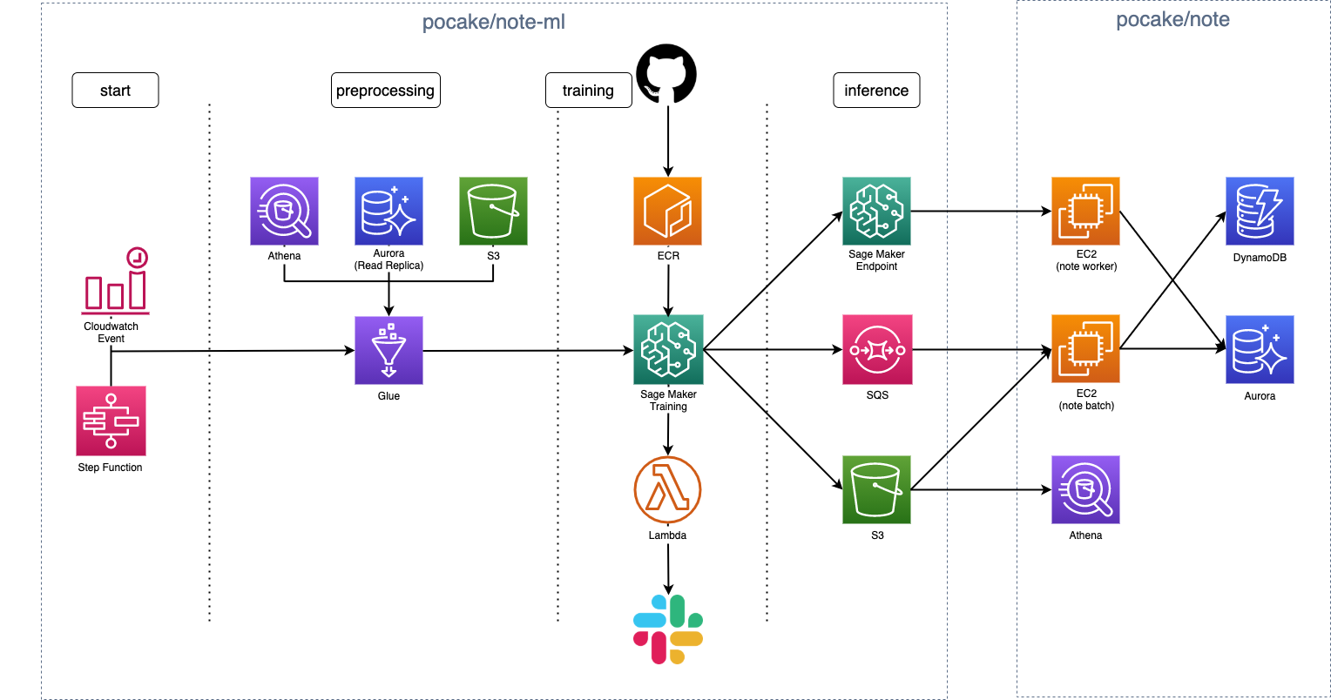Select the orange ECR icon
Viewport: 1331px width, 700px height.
click(x=667, y=212)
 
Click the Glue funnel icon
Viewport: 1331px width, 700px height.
click(x=388, y=350)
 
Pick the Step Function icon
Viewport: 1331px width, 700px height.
click(x=111, y=421)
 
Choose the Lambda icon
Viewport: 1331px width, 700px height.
click(x=668, y=490)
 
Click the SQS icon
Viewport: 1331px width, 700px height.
click(x=876, y=350)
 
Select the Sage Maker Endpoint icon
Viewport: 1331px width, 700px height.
click(x=876, y=212)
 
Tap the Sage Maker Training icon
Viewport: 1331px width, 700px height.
click(x=667, y=350)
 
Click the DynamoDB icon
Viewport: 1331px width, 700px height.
click(x=1260, y=212)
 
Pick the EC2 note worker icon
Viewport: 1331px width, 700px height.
click(x=1085, y=212)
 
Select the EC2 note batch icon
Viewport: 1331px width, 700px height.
click(x=1085, y=350)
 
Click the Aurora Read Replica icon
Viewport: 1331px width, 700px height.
click(x=388, y=212)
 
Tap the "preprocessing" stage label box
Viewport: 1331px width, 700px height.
click(x=385, y=91)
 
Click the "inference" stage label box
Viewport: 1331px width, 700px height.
click(x=876, y=91)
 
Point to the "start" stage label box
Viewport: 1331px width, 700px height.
click(x=115, y=91)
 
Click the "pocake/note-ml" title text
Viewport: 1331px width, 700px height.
click(x=494, y=23)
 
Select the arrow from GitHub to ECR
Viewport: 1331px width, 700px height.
click(x=667, y=139)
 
